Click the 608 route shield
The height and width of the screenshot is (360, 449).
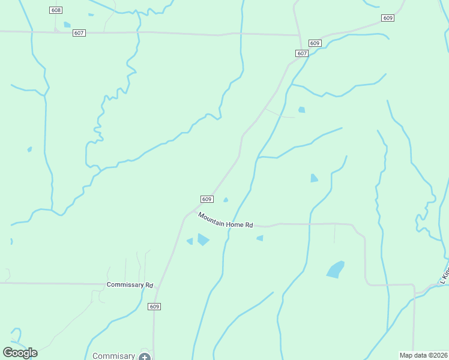tap(56, 11)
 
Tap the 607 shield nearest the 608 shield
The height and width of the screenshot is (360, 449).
tap(79, 32)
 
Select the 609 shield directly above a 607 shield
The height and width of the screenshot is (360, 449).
tap(315, 43)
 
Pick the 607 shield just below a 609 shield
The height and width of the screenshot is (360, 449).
tap(302, 53)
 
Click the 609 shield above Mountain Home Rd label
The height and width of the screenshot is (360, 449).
tap(206, 199)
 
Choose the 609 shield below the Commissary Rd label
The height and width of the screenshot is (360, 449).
tap(154, 307)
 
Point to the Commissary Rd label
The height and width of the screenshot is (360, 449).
tap(130, 284)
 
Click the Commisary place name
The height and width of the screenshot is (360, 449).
tap(113, 356)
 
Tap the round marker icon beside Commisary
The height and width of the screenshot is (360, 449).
tap(144, 356)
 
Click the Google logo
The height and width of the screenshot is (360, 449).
tap(20, 353)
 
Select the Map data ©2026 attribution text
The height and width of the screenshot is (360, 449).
tap(423, 355)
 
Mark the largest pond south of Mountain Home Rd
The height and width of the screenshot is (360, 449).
tap(336, 269)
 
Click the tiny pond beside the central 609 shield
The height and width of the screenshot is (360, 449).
tap(226, 200)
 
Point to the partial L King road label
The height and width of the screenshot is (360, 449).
tap(444, 274)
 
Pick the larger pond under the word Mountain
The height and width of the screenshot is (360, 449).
tap(203, 239)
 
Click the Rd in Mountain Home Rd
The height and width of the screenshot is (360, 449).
tap(249, 225)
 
